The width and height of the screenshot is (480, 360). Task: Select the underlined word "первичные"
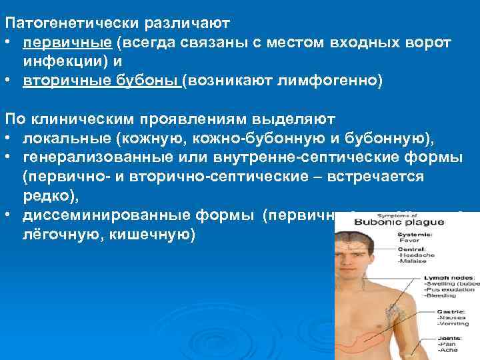pyautogui.click(x=65, y=42)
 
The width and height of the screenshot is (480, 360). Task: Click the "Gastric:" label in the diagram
pyautogui.click(x=439, y=311)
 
